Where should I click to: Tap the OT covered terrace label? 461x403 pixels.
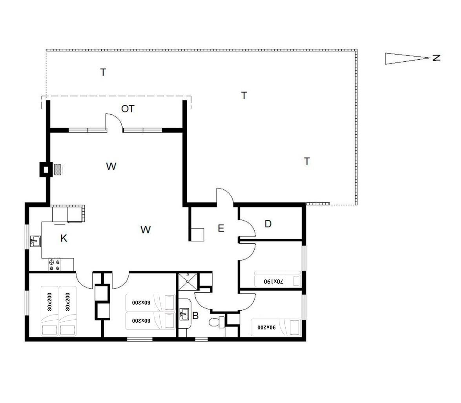pos(128,109)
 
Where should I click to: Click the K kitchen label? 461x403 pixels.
pos(64,238)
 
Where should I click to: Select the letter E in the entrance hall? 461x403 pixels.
pos(221,228)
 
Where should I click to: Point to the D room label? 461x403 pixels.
pos(268,224)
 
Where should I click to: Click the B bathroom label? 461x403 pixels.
pos(195,315)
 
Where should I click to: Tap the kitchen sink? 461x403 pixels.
pos(35,241)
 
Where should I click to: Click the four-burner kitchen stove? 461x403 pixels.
pos(55,264)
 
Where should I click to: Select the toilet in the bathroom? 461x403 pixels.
pos(217,322)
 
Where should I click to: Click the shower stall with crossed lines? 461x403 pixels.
pos(188,282)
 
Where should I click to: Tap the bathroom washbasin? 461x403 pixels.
pos(184,314)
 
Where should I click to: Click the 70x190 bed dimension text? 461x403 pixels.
pos(273,281)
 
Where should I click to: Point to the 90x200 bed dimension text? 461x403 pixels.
pos(267,327)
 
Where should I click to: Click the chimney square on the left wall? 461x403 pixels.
pos(46,170)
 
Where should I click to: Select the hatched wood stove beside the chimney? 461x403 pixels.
pos(58,169)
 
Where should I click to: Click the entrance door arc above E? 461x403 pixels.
pos(225,195)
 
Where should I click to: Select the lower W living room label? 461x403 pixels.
pos(146,230)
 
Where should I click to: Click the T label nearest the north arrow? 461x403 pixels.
pos(307,161)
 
